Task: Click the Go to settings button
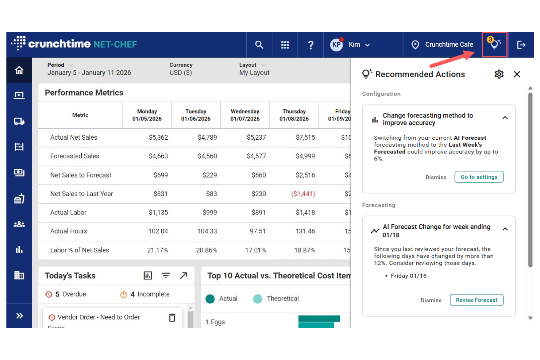tap(479, 177)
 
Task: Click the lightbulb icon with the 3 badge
tap(494, 44)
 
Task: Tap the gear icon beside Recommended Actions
tap(499, 74)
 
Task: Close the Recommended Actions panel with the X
tap(517, 74)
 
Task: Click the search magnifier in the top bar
tap(259, 45)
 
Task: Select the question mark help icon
tap(310, 45)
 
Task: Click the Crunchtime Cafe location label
tap(449, 44)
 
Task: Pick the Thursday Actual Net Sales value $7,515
tap(305, 138)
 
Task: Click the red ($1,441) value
tap(303, 194)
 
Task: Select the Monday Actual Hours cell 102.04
tap(158, 231)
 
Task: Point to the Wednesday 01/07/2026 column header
tap(245, 115)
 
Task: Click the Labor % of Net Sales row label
tap(80, 250)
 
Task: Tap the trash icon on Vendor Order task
tap(172, 317)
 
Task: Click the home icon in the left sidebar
tap(19, 70)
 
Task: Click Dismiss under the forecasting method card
tap(436, 177)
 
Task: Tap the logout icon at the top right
tap(521, 45)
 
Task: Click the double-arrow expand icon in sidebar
tap(19, 316)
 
